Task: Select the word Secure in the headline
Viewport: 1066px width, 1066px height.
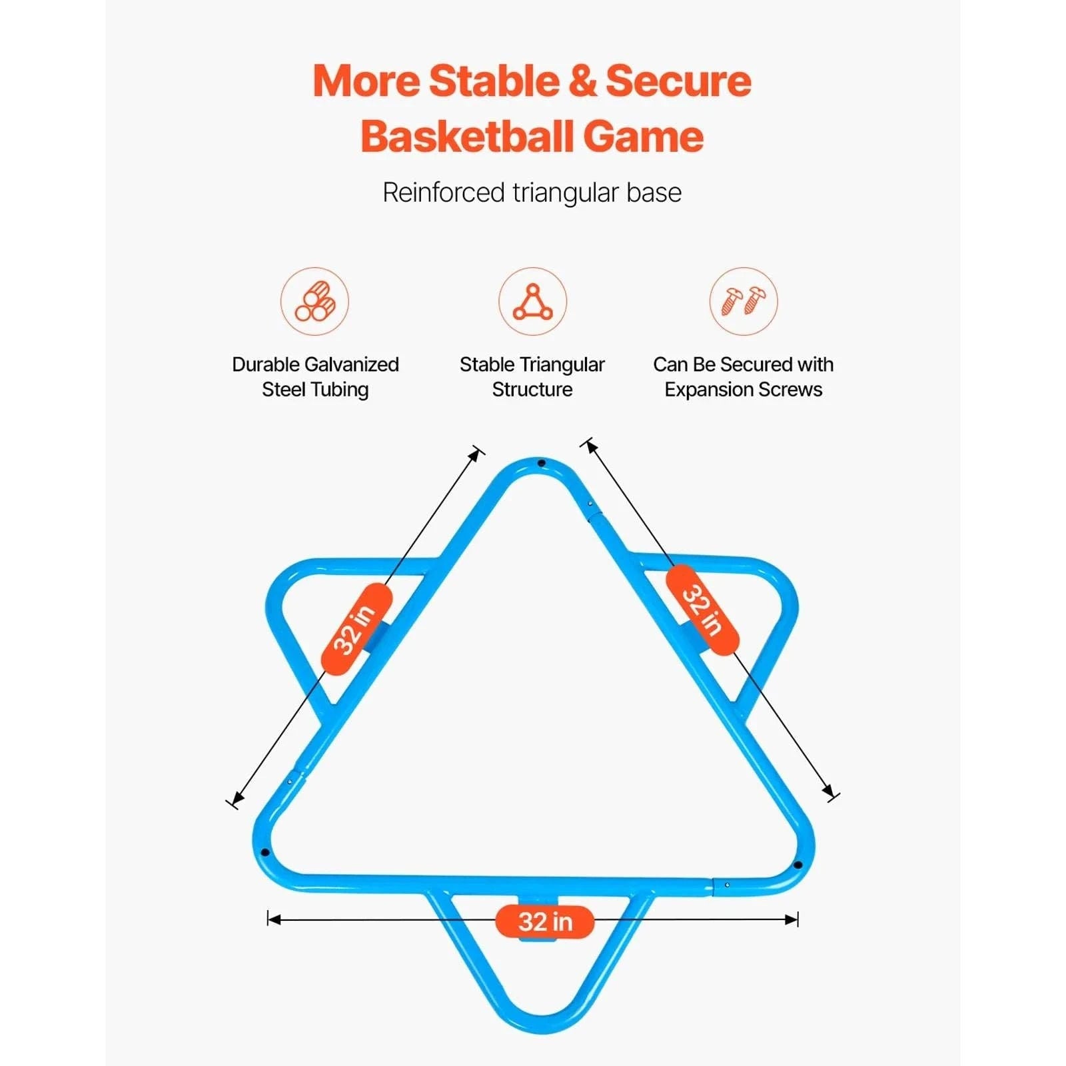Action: tap(678, 81)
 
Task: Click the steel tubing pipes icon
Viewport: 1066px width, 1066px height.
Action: tap(314, 301)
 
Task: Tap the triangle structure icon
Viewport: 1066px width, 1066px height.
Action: tap(532, 301)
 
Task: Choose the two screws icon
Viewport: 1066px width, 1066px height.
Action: tap(744, 301)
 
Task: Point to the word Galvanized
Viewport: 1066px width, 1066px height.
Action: tap(350, 364)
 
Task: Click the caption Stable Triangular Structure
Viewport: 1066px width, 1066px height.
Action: tap(532, 377)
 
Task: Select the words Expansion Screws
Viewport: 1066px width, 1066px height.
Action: tap(744, 390)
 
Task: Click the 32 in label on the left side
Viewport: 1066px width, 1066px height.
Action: tap(356, 630)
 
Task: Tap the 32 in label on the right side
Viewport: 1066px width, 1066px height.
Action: tap(702, 610)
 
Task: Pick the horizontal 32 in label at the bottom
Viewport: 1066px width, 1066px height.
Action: tap(545, 922)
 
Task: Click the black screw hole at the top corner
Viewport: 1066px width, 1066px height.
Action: tap(542, 463)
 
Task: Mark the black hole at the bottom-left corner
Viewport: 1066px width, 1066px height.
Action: tap(265, 852)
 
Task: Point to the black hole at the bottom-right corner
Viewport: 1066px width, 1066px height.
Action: tap(798, 865)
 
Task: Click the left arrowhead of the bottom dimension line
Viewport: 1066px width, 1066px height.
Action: tap(274, 919)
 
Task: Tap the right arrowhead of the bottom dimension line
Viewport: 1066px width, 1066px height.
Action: tap(792, 919)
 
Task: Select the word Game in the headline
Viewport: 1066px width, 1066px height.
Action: tap(644, 137)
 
